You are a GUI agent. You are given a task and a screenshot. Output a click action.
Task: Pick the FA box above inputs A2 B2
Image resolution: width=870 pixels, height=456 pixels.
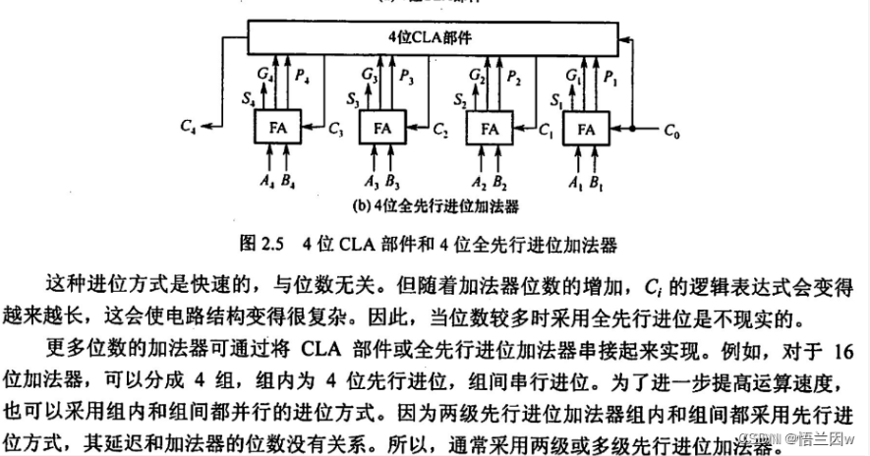pos(486,128)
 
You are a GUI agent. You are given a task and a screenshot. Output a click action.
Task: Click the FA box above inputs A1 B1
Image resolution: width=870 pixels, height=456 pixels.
pos(587,128)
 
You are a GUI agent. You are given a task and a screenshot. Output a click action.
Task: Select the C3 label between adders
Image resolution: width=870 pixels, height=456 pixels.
pos(335,128)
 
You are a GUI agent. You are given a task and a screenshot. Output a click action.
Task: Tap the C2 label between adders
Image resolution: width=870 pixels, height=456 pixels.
pos(440,128)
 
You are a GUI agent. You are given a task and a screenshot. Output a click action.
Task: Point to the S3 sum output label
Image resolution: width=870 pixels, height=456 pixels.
pos(354,98)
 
